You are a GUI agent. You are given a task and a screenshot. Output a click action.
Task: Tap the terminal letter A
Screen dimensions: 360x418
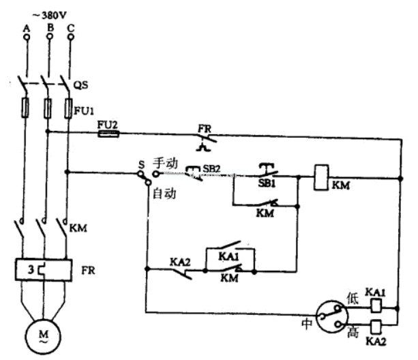coord(27,27)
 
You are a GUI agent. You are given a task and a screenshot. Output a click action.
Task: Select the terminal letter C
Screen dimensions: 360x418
coord(71,27)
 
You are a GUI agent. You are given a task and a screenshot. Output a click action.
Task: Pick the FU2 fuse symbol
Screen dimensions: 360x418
coord(108,134)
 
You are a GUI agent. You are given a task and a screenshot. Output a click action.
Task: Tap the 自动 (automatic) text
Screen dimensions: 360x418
coord(164,193)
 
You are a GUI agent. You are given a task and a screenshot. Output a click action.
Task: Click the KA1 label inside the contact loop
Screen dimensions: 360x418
coord(228,256)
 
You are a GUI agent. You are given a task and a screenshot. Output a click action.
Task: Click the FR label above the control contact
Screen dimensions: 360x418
coord(203,127)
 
